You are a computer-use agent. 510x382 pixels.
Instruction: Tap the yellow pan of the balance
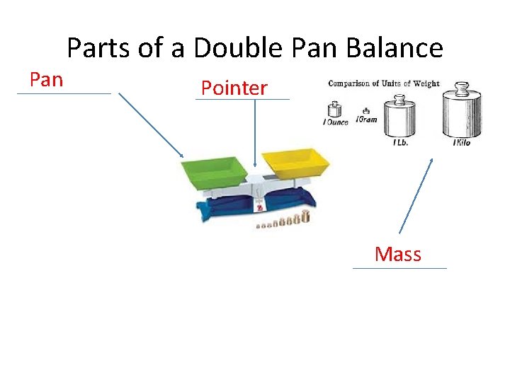tap(295, 163)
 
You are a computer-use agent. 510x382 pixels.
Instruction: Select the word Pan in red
tap(47, 79)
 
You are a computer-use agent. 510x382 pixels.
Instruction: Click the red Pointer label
tap(234, 88)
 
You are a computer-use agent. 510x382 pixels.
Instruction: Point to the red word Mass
tap(398, 254)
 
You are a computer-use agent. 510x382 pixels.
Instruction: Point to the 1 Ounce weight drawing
tap(334, 110)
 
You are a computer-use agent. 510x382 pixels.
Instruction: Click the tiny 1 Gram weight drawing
tap(365, 111)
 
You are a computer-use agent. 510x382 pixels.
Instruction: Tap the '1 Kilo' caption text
tap(461, 143)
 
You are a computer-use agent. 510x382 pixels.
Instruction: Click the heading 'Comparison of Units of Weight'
tap(384, 83)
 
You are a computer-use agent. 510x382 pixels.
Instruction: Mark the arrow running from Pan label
tap(151, 125)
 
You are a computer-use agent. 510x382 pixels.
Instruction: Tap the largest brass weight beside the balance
tap(306, 217)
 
